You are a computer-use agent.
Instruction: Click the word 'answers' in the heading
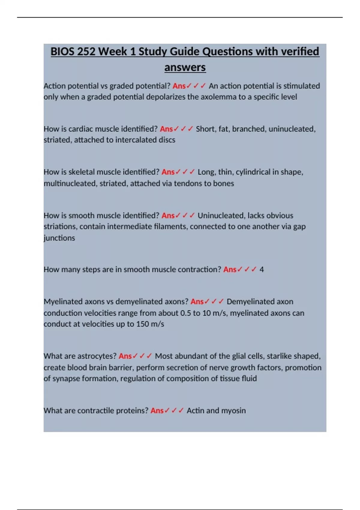point(185,67)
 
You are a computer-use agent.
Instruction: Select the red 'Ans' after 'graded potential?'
point(179,86)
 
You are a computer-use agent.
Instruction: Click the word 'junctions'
point(59,238)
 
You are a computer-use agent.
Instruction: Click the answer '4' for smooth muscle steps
point(262,269)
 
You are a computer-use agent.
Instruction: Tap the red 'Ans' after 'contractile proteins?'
point(157,410)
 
